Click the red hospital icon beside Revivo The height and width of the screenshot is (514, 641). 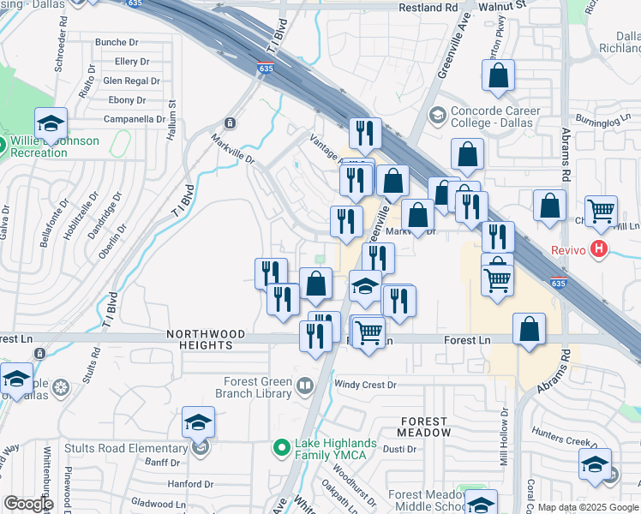click(x=599, y=250)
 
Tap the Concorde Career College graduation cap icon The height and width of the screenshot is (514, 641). click(x=437, y=115)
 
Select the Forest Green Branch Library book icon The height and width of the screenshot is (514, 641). click(x=304, y=387)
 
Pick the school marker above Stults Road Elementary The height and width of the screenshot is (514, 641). click(x=198, y=422)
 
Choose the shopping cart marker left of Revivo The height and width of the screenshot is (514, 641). click(x=602, y=211)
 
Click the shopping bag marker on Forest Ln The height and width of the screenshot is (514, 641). click(x=530, y=330)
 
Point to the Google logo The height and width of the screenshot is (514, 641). click(x=28, y=504)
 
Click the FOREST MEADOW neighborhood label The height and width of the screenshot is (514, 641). click(x=423, y=427)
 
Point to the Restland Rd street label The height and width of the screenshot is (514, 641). click(x=428, y=7)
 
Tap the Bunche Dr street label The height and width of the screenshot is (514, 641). click(x=117, y=42)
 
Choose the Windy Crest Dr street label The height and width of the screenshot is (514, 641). click(x=365, y=385)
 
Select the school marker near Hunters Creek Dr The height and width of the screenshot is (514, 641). click(x=595, y=465)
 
